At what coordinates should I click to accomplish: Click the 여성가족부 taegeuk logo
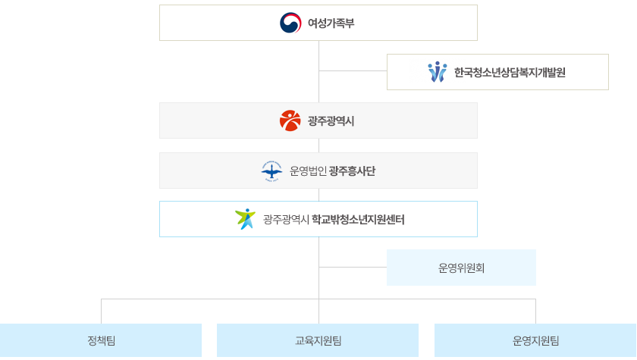(x=290, y=23)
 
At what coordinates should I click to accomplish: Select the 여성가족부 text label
(x=331, y=23)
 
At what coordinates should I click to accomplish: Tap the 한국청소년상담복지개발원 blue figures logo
(x=438, y=72)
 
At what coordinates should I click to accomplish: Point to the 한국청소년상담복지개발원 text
(x=510, y=73)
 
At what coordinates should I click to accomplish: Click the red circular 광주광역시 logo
(x=290, y=121)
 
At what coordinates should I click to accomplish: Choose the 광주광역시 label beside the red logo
(x=331, y=121)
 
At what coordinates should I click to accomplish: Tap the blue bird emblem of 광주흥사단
(x=271, y=171)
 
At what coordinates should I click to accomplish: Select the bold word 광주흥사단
(x=352, y=171)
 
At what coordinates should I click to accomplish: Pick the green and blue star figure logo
(x=246, y=219)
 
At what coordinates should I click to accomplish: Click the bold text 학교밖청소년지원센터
(x=358, y=220)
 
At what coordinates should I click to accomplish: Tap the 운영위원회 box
(x=461, y=268)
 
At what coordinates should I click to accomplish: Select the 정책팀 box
(x=101, y=340)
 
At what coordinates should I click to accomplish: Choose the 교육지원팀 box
(x=318, y=340)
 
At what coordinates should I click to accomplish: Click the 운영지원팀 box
(x=535, y=340)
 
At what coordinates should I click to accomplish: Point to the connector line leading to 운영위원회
(x=353, y=267)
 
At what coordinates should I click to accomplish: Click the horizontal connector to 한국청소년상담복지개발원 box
(x=353, y=70)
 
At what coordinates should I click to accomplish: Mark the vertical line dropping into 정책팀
(x=101, y=311)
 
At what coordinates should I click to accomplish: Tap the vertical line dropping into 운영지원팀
(x=535, y=311)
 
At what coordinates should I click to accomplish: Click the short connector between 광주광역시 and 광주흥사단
(x=318, y=146)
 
